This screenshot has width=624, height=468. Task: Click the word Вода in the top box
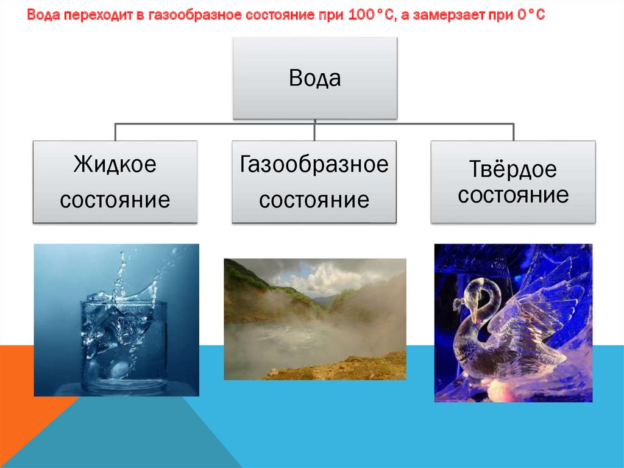(x=314, y=78)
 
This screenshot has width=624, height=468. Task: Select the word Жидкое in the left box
(x=115, y=164)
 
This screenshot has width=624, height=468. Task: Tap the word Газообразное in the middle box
(x=314, y=165)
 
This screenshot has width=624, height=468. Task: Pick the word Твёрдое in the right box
(x=513, y=168)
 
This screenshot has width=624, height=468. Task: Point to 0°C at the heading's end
(x=531, y=15)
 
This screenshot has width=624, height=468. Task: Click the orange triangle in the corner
(x=28, y=395)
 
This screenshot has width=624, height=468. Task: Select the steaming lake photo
(x=315, y=319)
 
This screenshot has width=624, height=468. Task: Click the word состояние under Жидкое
(x=115, y=200)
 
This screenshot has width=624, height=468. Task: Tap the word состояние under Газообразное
(x=314, y=200)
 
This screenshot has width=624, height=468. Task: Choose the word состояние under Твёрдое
(x=513, y=195)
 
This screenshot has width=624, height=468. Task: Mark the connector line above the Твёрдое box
(x=513, y=132)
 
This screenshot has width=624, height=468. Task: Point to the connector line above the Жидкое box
(x=115, y=132)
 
